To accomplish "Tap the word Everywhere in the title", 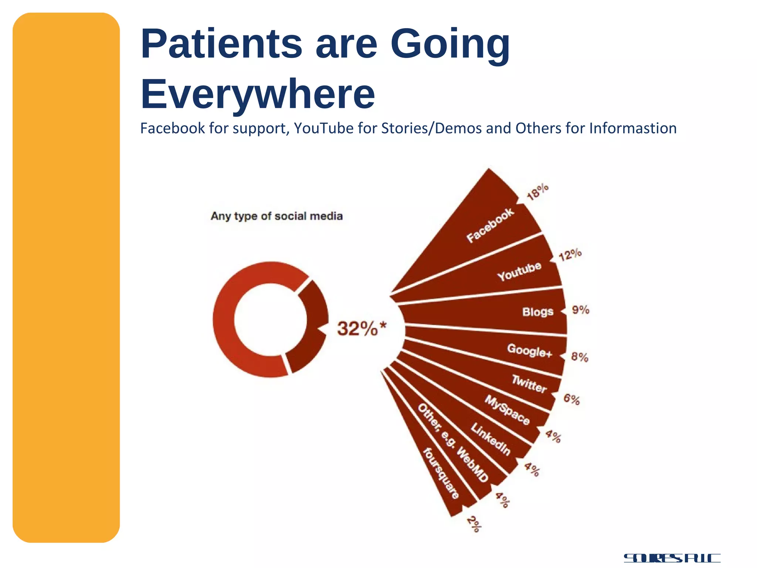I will (x=258, y=94).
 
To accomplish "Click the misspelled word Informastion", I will (x=633, y=128).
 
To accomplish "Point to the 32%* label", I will (x=361, y=328).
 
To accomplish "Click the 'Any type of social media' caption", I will (x=276, y=216).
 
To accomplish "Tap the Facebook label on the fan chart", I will (x=490, y=225).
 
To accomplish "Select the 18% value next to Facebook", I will (x=538, y=192).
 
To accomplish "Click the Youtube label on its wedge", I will (x=519, y=272).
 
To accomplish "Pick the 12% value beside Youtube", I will (x=570, y=255).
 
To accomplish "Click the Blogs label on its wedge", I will (x=538, y=312).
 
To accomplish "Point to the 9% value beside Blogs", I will (x=581, y=310).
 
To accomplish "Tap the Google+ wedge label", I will (x=529, y=350).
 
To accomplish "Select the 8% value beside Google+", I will (x=580, y=357).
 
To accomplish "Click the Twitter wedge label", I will (x=529, y=384).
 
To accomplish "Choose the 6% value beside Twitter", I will (x=571, y=399).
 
